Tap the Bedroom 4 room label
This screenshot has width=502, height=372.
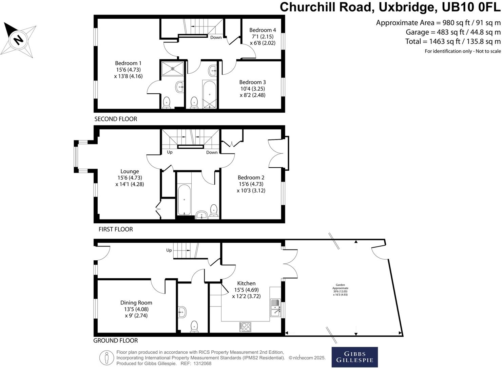[263, 30]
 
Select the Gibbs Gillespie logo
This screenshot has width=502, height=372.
[354, 357]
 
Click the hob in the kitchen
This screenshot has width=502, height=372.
[246, 327]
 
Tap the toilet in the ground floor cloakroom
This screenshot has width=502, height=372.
[194, 326]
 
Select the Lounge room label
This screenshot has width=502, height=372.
[130, 171]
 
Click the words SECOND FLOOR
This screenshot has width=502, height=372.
[116, 119]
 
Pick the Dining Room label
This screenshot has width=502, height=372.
[136, 303]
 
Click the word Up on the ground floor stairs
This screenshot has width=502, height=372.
[169, 250]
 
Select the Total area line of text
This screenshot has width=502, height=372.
[452, 41]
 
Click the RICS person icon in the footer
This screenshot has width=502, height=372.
[107, 358]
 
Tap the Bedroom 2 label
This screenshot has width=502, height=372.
[251, 178]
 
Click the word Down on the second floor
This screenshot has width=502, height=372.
[216, 37]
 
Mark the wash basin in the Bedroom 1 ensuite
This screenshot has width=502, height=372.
[180, 87]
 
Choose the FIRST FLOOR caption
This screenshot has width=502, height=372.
[116, 229]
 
